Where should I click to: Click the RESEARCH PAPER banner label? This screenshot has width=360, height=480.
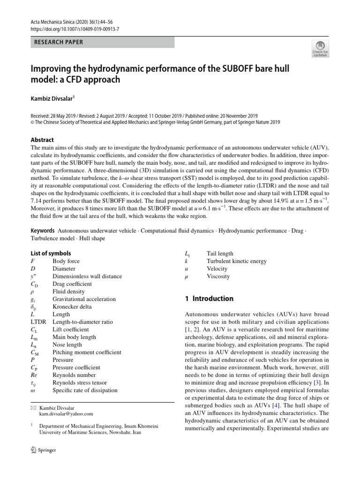(x=59, y=42)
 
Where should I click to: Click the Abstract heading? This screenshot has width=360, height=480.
(x=42, y=140)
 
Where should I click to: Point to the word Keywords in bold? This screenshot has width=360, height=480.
(x=43, y=231)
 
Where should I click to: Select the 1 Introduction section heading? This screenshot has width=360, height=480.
(x=209, y=299)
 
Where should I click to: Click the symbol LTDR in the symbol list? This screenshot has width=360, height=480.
(x=39, y=322)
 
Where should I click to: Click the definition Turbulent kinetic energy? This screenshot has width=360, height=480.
(x=236, y=261)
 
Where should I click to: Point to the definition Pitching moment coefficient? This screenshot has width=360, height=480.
(x=87, y=352)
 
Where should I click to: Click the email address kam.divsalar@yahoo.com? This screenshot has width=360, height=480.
(x=66, y=414)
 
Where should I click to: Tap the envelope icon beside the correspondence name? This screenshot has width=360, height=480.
(x=33, y=408)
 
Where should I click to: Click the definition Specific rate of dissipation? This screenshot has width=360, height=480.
(x=85, y=390)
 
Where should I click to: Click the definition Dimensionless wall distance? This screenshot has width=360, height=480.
(x=87, y=276)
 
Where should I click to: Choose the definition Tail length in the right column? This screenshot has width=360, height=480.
(x=220, y=254)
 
